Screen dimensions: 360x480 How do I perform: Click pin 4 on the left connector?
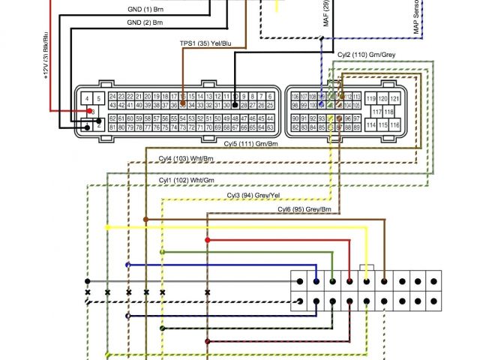point(88,98)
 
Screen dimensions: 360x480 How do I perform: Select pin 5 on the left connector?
point(99,98)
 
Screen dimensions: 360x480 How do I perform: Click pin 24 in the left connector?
point(112,97)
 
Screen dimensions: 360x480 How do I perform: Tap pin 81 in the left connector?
point(112,127)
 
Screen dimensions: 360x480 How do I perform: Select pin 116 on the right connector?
point(394,124)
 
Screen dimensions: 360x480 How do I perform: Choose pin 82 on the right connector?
point(294,127)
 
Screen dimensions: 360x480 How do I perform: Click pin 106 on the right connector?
point(294,97)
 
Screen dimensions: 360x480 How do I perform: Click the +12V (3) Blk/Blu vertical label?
point(46,53)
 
